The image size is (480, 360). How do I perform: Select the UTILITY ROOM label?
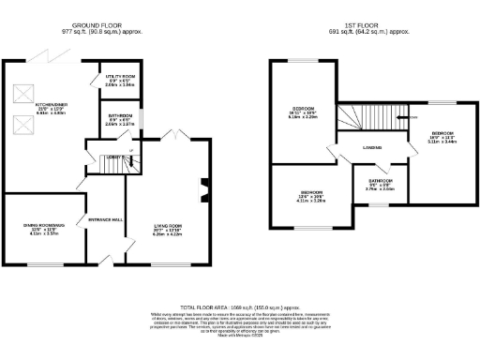[120, 78]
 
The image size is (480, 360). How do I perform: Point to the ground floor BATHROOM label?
[120, 117]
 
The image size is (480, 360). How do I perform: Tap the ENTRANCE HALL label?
[105, 218]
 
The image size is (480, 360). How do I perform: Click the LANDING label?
[372, 147]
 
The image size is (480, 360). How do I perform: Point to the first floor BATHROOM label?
[380, 183]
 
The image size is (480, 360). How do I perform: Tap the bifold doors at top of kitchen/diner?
[42, 57]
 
